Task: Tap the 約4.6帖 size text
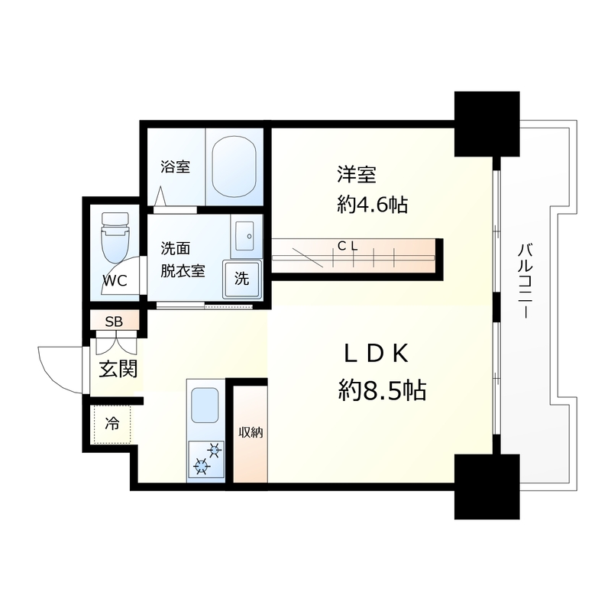point(372,204)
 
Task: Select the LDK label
point(378,353)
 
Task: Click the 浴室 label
point(175,166)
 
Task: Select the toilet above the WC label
point(116,238)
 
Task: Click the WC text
point(115,280)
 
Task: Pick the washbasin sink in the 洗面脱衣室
point(247,237)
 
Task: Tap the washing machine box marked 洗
point(241,279)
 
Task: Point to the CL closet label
point(348,246)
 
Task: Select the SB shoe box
point(113,321)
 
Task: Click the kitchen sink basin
point(205,406)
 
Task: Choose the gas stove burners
point(205,458)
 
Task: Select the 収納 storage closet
point(251,433)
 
